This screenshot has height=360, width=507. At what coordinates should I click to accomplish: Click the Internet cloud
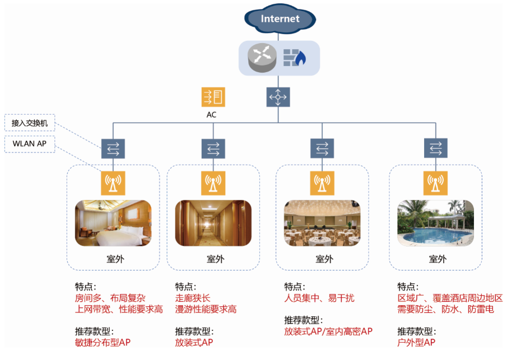pos(280,19)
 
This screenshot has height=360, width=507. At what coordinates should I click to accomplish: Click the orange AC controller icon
pos(213,97)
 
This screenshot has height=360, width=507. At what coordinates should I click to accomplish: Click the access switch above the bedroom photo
pos(113,148)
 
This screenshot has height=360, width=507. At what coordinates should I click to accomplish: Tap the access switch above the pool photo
pos(435,148)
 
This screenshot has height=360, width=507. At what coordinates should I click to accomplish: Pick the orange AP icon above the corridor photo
pos(213,183)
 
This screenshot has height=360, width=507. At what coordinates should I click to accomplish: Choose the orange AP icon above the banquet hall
pos(322,183)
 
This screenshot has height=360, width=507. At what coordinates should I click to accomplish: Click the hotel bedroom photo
pos(113,223)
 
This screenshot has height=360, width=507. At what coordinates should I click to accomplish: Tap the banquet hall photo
pos(322,223)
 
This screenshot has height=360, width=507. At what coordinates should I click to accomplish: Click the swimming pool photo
pos(435,223)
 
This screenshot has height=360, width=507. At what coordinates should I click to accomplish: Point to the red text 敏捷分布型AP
pos(103,342)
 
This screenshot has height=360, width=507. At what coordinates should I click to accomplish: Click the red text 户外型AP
pos(416,342)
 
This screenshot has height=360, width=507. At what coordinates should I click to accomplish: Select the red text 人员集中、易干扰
pos(319,298)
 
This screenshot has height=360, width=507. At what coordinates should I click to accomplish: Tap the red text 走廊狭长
pos(193,298)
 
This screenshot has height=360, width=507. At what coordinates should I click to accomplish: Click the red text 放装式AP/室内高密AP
pos(328,331)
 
